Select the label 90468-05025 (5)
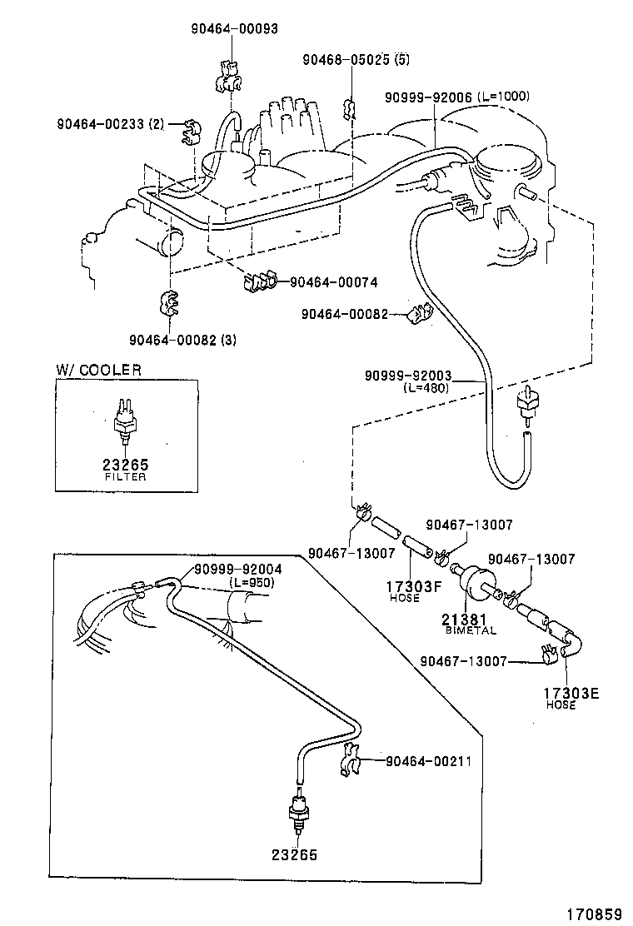coord(356,60)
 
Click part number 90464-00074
coord(333,283)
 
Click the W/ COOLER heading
coord(98,370)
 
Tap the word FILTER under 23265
coord(126,477)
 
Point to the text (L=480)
coord(426,388)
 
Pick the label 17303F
coord(406,586)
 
